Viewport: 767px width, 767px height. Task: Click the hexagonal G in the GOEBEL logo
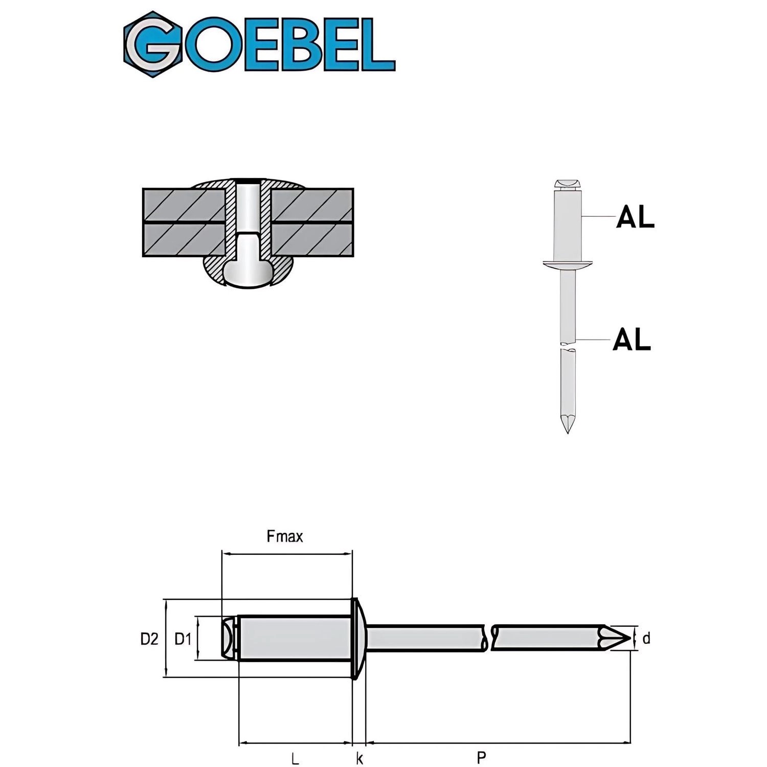coord(153,45)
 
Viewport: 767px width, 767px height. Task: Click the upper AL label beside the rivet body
coord(635,217)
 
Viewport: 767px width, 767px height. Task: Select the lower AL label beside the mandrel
coord(631,340)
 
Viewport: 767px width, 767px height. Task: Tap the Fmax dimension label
coord(285,536)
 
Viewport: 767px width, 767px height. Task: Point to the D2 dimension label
coord(149,639)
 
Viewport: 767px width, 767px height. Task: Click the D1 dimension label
coord(183,639)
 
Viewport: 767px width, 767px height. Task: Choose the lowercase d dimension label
coord(646,639)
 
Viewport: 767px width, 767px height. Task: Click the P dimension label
coord(481,757)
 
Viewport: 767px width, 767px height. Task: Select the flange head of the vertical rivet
coord(568,265)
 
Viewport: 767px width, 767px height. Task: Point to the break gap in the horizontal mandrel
coord(488,638)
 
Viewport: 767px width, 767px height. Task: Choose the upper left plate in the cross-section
coord(184,205)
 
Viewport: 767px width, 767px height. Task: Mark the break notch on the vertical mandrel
coord(568,346)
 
